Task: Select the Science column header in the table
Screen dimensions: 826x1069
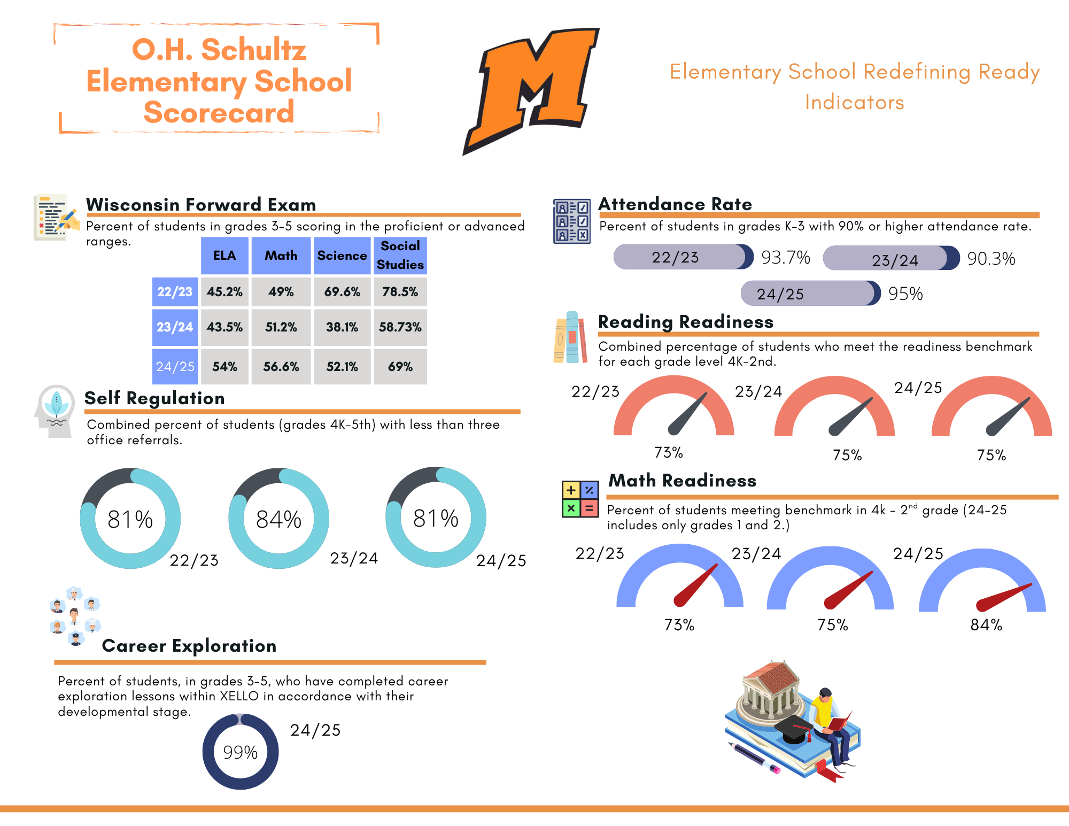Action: click(x=342, y=256)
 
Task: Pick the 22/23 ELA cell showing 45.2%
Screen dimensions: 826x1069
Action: click(x=224, y=292)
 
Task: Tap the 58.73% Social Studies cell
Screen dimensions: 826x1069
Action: click(x=400, y=327)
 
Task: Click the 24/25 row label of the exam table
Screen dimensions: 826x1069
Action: click(x=175, y=367)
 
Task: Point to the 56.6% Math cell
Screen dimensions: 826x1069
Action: click(x=281, y=367)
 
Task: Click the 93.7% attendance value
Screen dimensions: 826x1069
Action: click(x=785, y=258)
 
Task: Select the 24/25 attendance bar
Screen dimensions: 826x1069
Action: click(x=810, y=294)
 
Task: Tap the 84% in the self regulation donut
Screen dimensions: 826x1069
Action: click(x=278, y=519)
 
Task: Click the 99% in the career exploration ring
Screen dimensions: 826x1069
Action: click(x=240, y=752)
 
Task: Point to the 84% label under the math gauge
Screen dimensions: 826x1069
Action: click(x=986, y=625)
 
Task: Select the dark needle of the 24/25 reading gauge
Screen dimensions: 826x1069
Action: click(x=1008, y=416)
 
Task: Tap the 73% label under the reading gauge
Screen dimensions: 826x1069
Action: click(x=669, y=453)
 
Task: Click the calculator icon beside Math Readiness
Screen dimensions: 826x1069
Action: click(x=580, y=499)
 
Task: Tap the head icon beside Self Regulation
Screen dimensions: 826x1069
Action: click(x=55, y=411)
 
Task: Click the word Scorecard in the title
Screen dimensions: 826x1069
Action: click(x=219, y=112)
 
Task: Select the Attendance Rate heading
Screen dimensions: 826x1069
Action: click(x=675, y=204)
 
